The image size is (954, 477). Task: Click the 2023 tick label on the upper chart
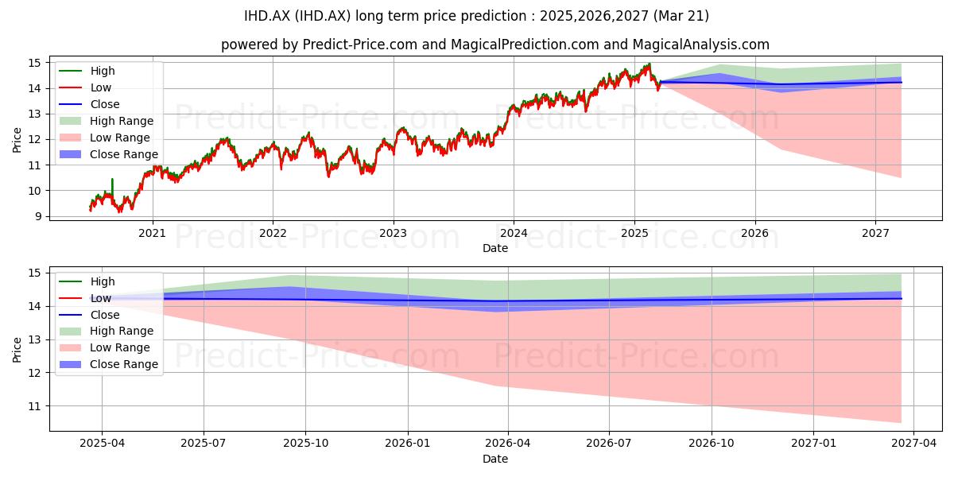tap(393, 234)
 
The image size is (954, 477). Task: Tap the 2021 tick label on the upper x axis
tap(152, 234)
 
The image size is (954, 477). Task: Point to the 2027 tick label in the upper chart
tap(875, 234)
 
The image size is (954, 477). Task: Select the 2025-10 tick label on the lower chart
tap(306, 444)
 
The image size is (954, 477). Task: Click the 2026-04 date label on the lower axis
tap(508, 444)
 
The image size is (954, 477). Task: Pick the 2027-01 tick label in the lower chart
tap(813, 444)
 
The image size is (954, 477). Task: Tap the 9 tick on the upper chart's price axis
tap(39, 216)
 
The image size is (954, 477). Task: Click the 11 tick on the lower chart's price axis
tap(35, 406)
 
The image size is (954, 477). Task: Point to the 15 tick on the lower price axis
tap(35, 273)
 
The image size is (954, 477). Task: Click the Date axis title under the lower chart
tap(494, 459)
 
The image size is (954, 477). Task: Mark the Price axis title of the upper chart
tap(17, 140)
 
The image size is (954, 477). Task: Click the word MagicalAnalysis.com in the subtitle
tap(701, 45)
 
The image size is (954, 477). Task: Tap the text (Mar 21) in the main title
tap(681, 16)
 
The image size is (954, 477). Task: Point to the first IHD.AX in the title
tap(267, 16)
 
